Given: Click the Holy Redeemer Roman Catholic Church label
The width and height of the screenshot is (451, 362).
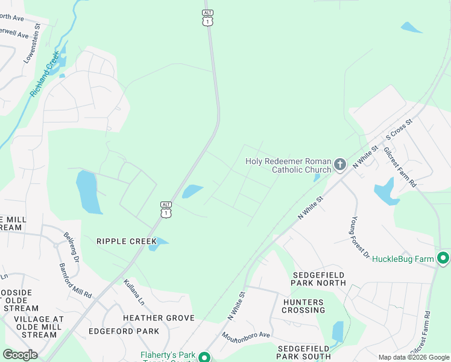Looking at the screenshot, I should point(288,165).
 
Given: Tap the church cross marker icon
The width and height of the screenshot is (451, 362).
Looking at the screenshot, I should point(339,164).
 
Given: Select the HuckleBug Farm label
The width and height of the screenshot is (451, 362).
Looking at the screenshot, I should point(403,259).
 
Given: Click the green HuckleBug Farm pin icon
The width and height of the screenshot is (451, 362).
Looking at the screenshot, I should point(444,258).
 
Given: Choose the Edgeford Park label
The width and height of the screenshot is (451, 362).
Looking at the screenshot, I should point(124,331).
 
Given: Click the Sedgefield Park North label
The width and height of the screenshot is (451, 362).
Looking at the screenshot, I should point(318,278).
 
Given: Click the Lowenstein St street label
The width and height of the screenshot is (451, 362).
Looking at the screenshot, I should point(32,43).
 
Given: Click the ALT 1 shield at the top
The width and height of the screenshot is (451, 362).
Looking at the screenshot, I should point(207,18).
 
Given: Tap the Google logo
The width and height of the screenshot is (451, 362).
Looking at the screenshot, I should point(20,355).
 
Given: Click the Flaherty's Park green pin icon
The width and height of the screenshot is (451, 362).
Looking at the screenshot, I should point(204,357).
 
